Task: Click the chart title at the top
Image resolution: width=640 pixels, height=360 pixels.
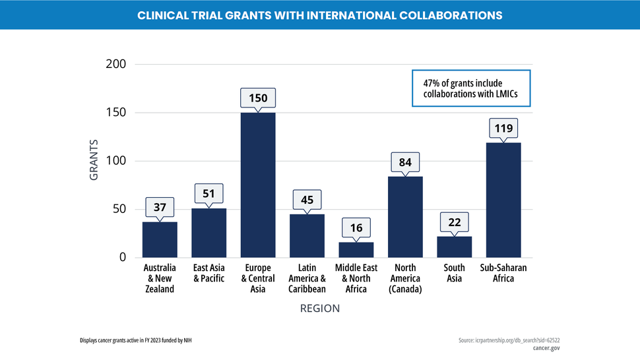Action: pyautogui.click(x=319, y=15)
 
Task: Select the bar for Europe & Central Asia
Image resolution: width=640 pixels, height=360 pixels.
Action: pyautogui.click(x=258, y=185)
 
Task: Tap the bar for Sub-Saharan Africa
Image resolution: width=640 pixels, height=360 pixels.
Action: pyautogui.click(x=503, y=200)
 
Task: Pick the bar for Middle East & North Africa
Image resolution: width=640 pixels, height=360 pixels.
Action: pyautogui.click(x=356, y=250)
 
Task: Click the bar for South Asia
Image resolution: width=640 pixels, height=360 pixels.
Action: pyautogui.click(x=454, y=247)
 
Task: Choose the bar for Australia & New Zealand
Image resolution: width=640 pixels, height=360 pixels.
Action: pyautogui.click(x=160, y=240)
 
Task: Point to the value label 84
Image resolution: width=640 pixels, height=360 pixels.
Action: pyautogui.click(x=405, y=162)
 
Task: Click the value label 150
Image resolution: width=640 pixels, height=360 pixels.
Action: pyautogui.click(x=258, y=98)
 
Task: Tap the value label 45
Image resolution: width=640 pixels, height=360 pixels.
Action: pyautogui.click(x=307, y=200)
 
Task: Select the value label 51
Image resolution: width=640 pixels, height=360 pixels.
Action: pyautogui.click(x=208, y=194)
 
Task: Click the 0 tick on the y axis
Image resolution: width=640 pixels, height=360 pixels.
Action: pyautogui.click(x=122, y=257)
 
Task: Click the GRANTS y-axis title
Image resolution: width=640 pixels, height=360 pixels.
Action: pyautogui.click(x=94, y=160)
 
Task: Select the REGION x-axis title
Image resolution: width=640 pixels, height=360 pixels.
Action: pyautogui.click(x=320, y=308)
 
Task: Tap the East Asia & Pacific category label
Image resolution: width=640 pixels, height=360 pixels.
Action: pyautogui.click(x=208, y=273)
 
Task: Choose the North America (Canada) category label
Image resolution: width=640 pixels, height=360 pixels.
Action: pyautogui.click(x=405, y=278)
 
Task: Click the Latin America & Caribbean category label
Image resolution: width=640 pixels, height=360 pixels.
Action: pyautogui.click(x=307, y=278)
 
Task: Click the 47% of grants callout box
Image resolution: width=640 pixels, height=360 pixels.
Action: pyautogui.click(x=471, y=88)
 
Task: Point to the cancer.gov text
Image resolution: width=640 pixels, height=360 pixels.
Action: pyautogui.click(x=546, y=347)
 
